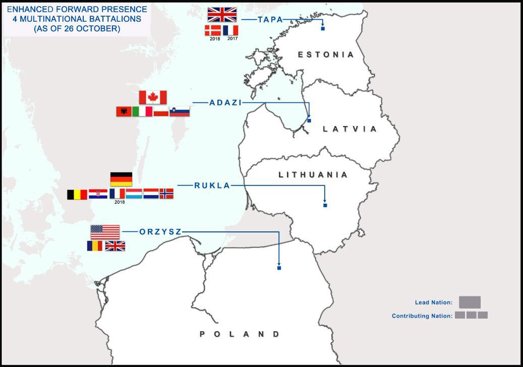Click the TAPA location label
pos(270,20)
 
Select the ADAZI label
pos(225,102)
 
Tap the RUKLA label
pos(212,186)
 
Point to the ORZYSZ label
pos(160,232)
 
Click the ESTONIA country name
pos(326,54)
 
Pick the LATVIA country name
pos(350,129)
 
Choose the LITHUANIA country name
pos(313,175)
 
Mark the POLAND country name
pos(240,334)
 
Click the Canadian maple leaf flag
pos(152,97)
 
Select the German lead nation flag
pos(121,179)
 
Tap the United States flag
pos(105,232)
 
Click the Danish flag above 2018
pos(212,30)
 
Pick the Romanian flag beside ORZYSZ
pos(95,246)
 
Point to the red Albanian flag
pos(124,111)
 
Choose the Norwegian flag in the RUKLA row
pos(166,194)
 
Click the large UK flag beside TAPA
pos(222,14)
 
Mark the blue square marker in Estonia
pos(323,29)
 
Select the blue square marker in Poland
pos(279,268)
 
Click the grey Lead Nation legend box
pos(470,302)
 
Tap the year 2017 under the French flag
pos(232,39)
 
